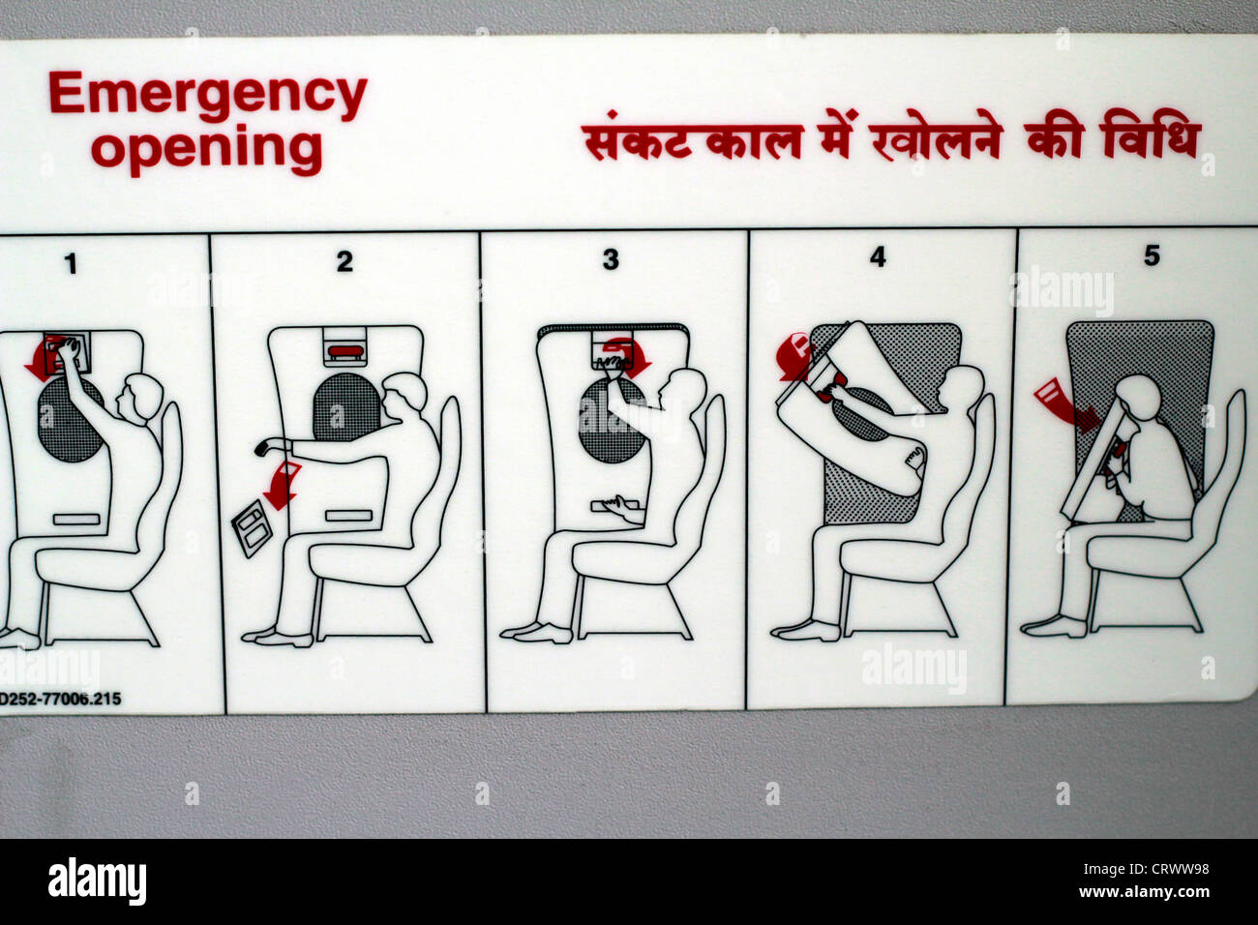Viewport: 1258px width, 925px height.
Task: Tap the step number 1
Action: [71, 263]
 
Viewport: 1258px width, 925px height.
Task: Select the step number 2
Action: [344, 261]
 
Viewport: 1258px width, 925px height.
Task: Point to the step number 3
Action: [611, 259]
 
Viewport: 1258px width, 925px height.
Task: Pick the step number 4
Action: [877, 258]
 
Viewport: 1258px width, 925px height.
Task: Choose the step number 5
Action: [1152, 256]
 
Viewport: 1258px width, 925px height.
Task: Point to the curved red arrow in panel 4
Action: [794, 357]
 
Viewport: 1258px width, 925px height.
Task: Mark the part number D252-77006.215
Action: [60, 699]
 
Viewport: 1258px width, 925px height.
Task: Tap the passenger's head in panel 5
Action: [1140, 397]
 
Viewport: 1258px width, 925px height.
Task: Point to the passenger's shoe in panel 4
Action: [805, 631]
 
